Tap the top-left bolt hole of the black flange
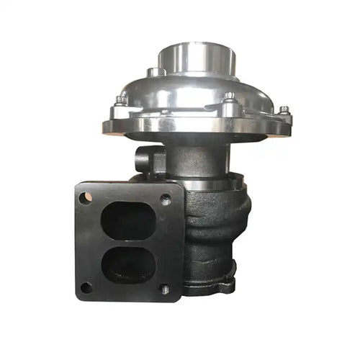point(86,197)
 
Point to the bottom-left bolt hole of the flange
point(86,287)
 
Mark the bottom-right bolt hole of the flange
point(165,289)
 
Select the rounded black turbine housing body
point(216,230)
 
